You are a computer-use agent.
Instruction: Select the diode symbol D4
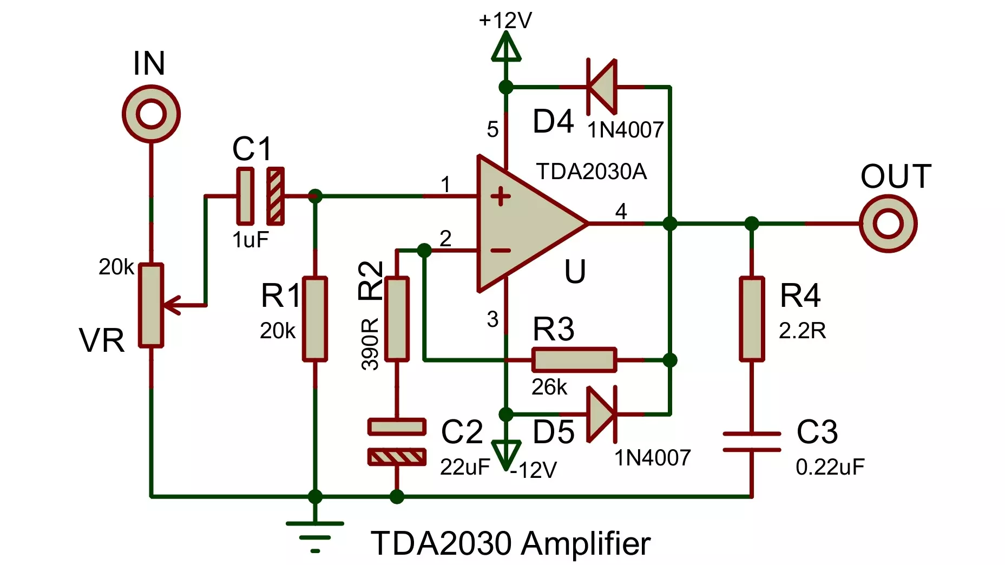point(602,87)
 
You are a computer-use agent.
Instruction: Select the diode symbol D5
point(602,414)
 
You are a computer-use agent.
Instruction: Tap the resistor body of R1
point(314,319)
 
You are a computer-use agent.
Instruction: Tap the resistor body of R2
point(397,319)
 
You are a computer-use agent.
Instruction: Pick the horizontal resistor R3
point(574,360)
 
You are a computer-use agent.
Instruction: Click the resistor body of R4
point(752,319)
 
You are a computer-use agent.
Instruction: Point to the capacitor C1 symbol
point(260,196)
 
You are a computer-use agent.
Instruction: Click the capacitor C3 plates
point(752,442)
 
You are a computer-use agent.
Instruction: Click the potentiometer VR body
point(151,305)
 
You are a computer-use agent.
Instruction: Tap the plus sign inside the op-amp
point(501,196)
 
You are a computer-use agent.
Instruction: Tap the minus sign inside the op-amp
point(501,250)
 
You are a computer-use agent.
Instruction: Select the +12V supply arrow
point(506,46)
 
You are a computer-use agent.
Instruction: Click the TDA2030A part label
point(592,172)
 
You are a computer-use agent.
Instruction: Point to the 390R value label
point(370,344)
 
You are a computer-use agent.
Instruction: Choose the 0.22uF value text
point(830,467)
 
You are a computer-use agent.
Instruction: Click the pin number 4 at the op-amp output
point(621,211)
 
